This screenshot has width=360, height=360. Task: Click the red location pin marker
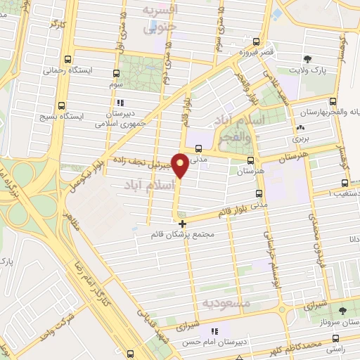(x=181, y=165)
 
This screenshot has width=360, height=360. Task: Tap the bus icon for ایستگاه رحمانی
(x=68, y=60)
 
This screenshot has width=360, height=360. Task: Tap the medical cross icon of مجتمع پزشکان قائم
(x=183, y=223)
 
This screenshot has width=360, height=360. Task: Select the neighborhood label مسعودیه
(x=226, y=302)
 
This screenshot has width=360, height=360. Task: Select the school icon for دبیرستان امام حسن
(x=214, y=330)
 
